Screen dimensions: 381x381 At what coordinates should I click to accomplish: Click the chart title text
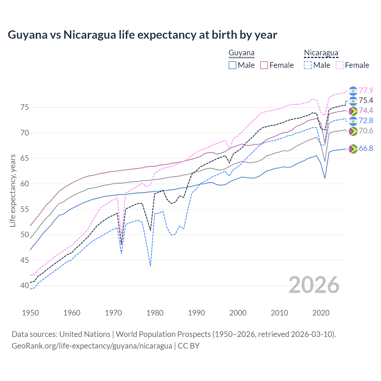click(x=142, y=35)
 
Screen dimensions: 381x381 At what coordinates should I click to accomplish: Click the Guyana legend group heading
click(x=241, y=53)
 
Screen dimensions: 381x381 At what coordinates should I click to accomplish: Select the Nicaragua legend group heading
click(x=321, y=53)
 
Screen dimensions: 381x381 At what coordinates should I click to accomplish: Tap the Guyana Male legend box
click(x=232, y=65)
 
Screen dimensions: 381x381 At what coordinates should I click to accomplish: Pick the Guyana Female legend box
click(x=264, y=65)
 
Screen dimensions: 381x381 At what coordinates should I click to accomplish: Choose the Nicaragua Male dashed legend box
click(x=308, y=65)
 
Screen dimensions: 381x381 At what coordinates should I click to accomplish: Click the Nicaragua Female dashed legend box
click(x=340, y=65)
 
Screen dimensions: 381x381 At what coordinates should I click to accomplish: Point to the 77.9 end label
click(x=366, y=90)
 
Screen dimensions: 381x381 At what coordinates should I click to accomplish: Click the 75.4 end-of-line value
click(x=366, y=101)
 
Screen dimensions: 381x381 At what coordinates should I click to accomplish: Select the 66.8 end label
click(x=366, y=148)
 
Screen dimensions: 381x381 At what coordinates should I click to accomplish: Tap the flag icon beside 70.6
click(x=353, y=131)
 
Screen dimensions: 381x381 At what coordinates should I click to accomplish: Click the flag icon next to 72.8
click(x=353, y=121)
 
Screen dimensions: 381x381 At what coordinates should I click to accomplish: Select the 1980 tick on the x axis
click(x=155, y=313)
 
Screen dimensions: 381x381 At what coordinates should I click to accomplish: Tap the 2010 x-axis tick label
click(x=279, y=313)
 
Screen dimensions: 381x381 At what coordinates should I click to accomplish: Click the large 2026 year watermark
click(x=314, y=285)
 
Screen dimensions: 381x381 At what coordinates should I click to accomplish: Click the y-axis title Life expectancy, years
click(x=13, y=190)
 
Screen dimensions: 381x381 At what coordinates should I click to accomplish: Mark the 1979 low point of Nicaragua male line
click(x=150, y=266)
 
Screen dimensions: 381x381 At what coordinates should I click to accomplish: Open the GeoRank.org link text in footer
click(x=92, y=346)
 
